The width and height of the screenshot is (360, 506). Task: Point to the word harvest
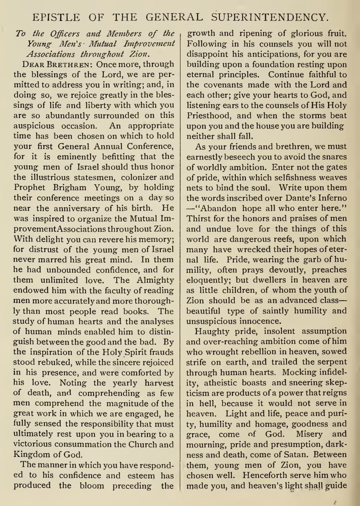coord(159,383)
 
